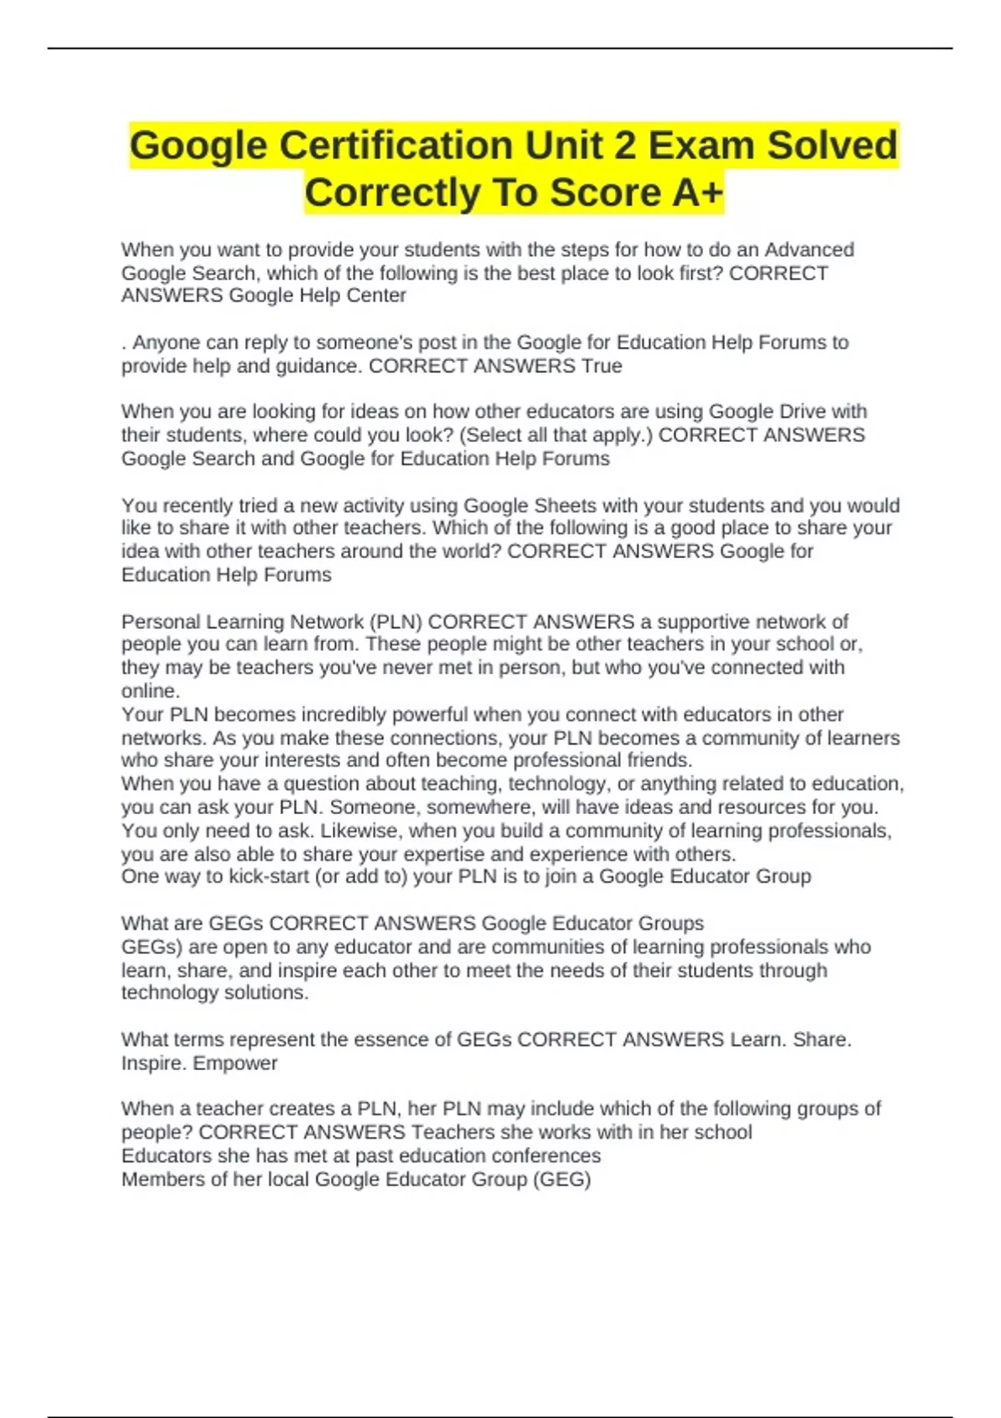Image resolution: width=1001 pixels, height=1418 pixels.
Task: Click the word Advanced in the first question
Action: click(809, 249)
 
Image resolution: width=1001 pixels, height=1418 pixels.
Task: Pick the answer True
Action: click(601, 366)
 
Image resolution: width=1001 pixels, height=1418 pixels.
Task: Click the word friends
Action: click(659, 761)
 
